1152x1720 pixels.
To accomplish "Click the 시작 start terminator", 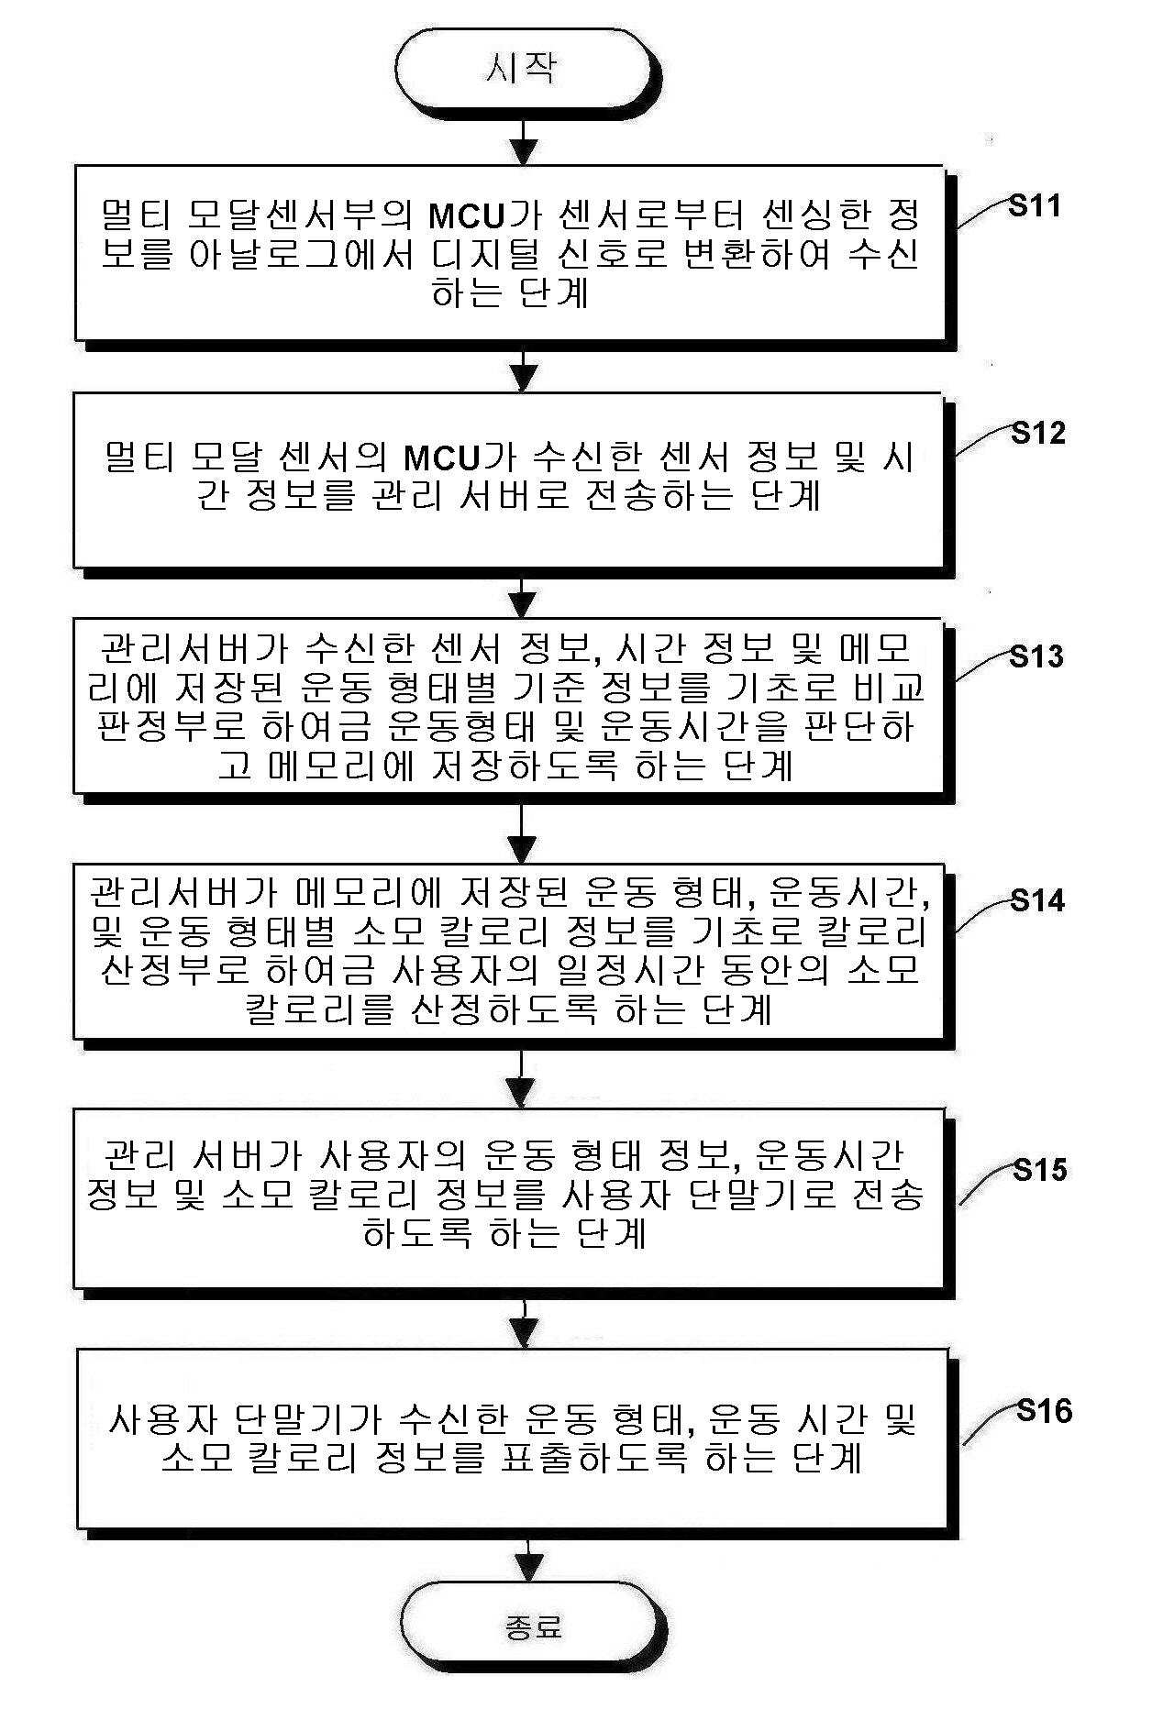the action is [x=523, y=68].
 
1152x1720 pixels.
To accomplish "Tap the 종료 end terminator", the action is [x=533, y=1627].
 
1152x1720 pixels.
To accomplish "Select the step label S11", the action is [x=1035, y=205].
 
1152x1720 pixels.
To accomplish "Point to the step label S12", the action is [x=1038, y=433].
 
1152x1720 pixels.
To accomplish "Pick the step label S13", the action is [x=1036, y=656].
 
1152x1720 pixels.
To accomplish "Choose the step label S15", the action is [x=1040, y=1170].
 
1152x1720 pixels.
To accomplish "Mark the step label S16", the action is [x=1044, y=1410].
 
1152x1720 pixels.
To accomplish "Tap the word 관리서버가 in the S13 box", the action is [x=183, y=649].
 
